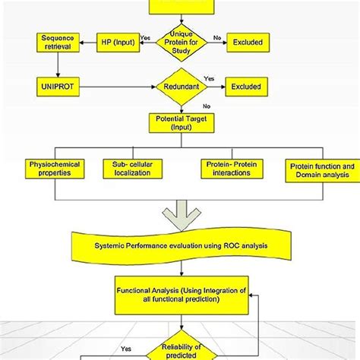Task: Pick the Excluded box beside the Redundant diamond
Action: [x=247, y=87]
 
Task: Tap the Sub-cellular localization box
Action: [x=131, y=169]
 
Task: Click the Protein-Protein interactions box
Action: [x=232, y=169]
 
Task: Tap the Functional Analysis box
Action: [x=180, y=294]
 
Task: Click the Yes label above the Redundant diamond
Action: [x=210, y=77]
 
